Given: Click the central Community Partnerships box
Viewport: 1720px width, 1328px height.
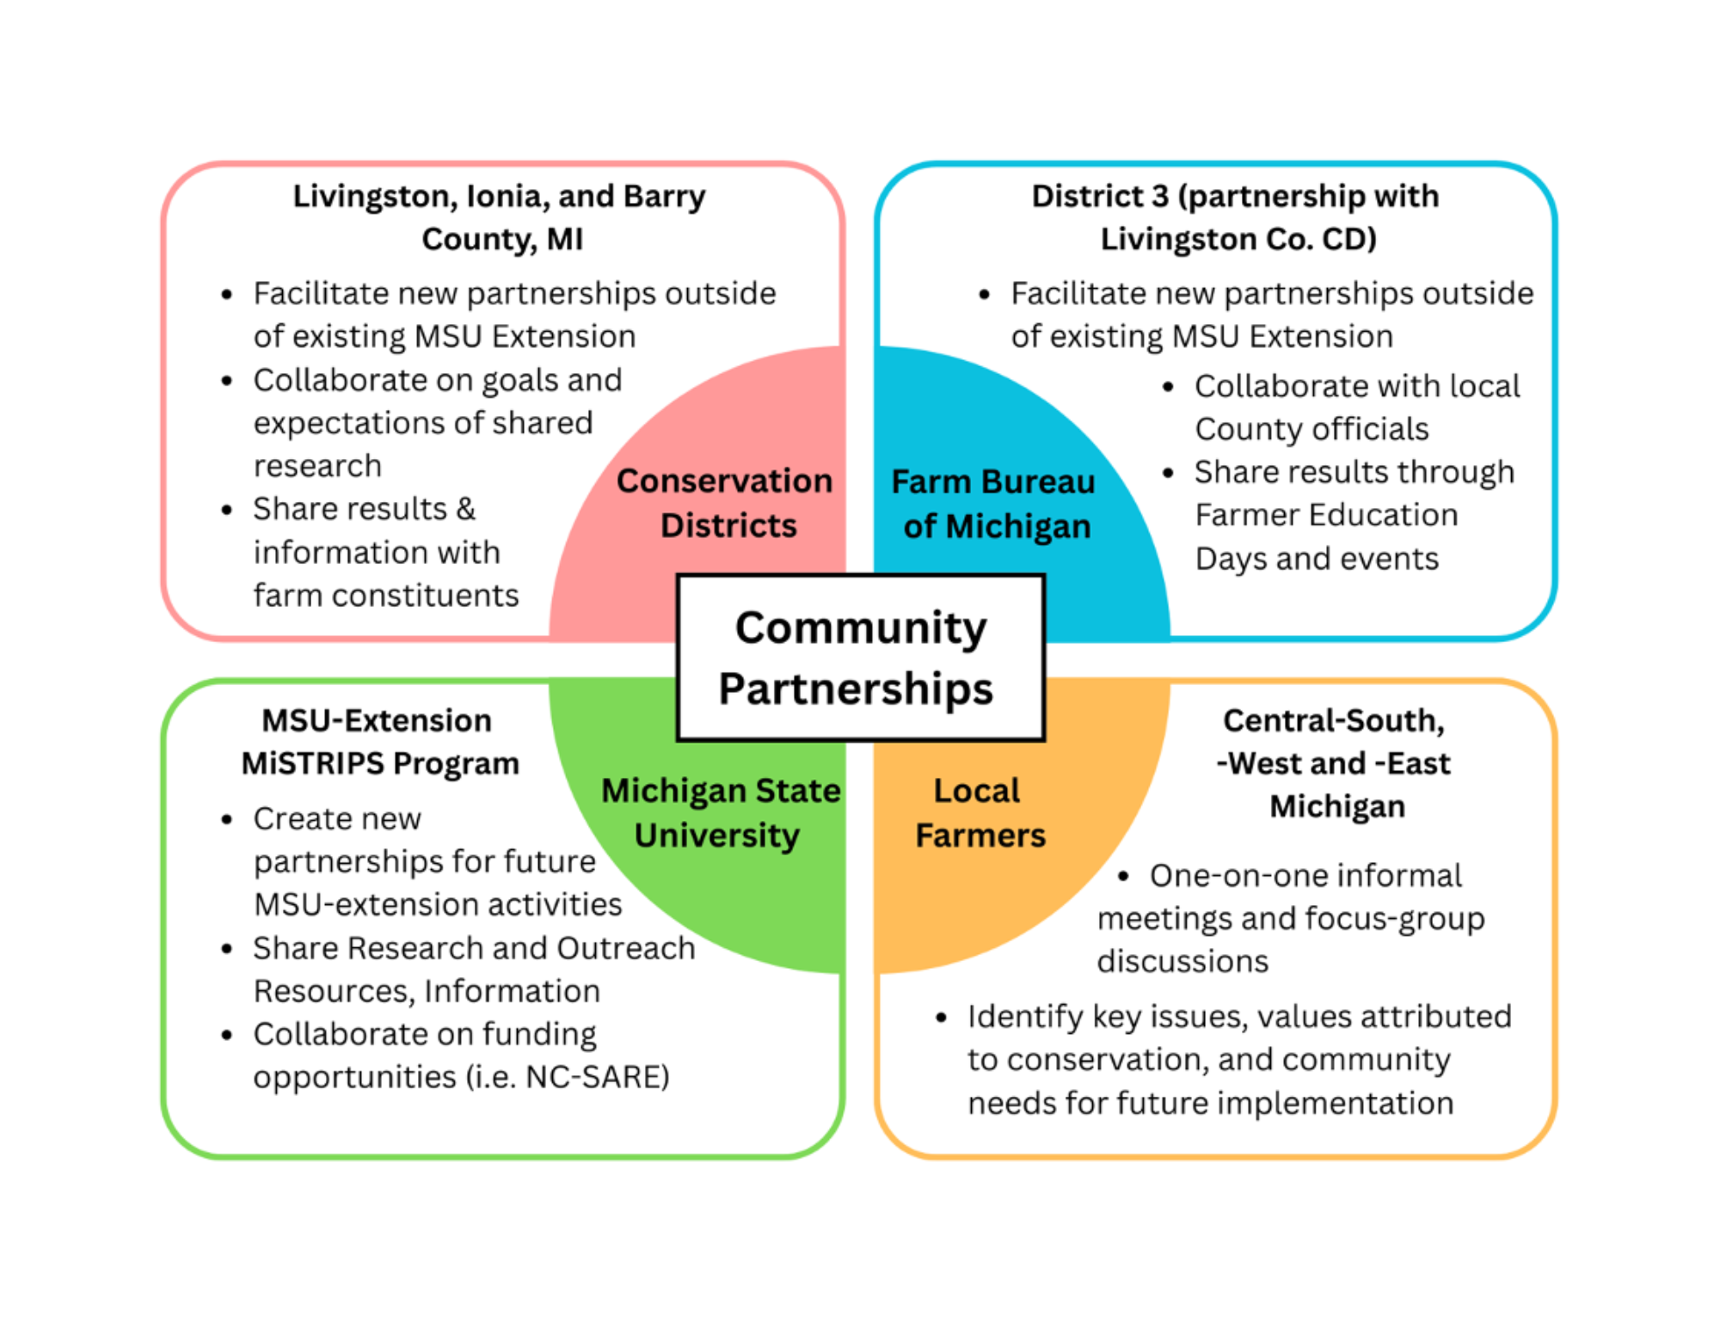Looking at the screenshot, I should pos(860,658).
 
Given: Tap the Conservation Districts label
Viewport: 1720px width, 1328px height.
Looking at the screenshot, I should pos(725,503).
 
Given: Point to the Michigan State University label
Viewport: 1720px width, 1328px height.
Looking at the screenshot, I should pos(721,812).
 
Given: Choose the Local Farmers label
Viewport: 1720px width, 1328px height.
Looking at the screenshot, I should pos(980,812).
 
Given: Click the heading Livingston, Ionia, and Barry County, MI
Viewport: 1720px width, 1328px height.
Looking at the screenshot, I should pos(501,217).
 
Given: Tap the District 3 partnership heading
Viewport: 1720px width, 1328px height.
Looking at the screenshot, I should pos(1237,217).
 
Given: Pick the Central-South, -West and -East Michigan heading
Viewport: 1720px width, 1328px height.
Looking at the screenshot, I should pos(1335,762).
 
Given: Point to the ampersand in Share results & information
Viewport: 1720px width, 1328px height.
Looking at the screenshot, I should pos(465,509).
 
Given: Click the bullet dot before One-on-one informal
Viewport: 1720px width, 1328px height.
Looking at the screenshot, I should pos(1123,876).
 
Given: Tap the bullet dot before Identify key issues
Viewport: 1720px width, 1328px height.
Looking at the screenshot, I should pos(941,1018).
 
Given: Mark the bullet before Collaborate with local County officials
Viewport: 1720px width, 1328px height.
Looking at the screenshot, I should pos(1168,387).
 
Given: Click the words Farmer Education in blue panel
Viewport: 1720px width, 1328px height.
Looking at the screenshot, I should pos(1326,515).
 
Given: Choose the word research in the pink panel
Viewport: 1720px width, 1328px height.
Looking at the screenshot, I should pos(317,466).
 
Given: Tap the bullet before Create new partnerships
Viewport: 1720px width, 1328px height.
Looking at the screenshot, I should pos(227,819).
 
